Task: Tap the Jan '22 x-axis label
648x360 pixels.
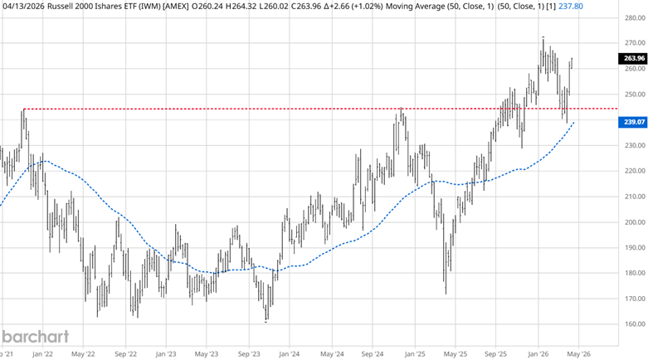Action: click(42, 352)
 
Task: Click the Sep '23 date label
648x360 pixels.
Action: click(247, 352)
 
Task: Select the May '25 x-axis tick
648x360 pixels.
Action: click(454, 352)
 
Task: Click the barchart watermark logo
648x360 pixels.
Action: click(35, 337)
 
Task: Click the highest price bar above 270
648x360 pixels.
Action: click(543, 38)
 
